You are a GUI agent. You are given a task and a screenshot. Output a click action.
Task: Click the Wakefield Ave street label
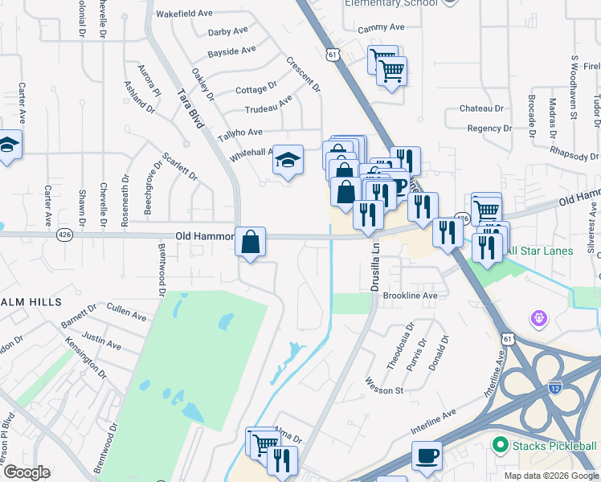coord(184,14)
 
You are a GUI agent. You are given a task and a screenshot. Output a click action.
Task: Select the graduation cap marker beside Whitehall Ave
coord(287,161)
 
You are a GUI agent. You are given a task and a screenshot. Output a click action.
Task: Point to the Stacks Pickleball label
coord(554,445)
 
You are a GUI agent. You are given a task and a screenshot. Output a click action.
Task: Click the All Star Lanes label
coord(539,251)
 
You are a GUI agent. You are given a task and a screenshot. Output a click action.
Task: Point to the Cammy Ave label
coord(381,27)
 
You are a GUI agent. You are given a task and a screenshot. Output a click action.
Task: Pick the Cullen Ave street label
coord(125,309)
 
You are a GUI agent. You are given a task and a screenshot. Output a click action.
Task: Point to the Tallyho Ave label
coord(242,133)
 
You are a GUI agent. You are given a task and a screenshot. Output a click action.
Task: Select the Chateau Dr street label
coord(481,108)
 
